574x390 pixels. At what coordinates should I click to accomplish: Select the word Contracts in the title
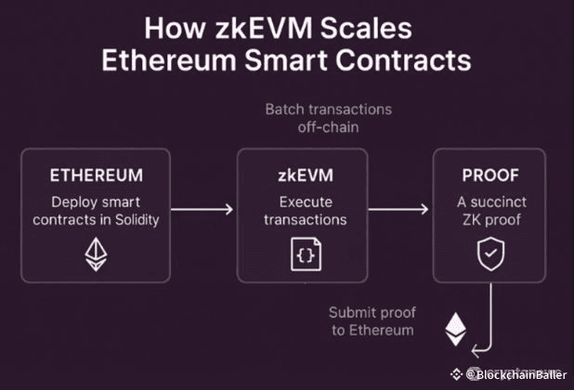[x=401, y=62]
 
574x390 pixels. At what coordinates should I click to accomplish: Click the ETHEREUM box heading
[x=96, y=175]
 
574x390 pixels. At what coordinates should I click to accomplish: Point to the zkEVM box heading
[x=291, y=175]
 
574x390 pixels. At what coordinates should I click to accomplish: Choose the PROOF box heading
[x=484, y=175]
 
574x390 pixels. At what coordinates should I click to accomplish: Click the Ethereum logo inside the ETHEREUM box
[x=96, y=253]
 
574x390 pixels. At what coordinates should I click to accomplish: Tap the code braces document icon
[x=291, y=253]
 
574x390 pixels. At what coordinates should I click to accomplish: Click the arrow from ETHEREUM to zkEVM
[x=202, y=212]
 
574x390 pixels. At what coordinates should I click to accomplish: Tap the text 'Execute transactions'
[x=291, y=211]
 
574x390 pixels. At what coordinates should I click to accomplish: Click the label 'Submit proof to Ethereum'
[x=372, y=320]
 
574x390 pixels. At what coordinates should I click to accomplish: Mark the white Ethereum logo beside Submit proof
[x=455, y=326]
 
